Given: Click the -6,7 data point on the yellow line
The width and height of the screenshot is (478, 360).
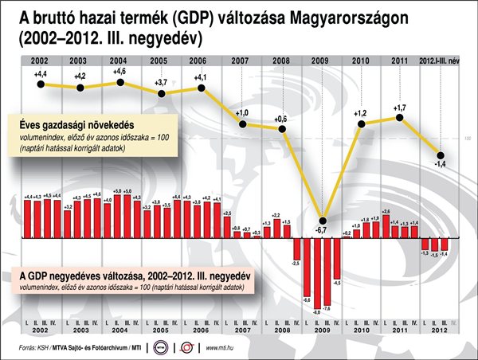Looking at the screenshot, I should click(323, 221).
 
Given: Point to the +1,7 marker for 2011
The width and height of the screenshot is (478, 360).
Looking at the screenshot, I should click(400, 118).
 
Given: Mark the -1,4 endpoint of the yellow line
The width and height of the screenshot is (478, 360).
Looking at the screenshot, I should click(439, 155).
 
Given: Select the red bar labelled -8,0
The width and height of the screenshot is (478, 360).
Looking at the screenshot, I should click(317, 271).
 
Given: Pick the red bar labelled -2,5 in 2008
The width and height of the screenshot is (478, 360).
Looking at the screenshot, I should click(296, 248).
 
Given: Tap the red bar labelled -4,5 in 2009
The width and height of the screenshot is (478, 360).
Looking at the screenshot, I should click(337, 258).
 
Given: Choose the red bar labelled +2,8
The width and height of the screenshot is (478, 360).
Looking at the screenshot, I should click(386, 225).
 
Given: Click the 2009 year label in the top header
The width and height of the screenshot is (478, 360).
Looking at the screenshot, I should click(322, 61).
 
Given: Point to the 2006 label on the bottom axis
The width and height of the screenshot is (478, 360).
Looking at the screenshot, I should click(201, 330).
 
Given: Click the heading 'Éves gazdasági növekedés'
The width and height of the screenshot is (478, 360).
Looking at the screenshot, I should click(76, 124).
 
